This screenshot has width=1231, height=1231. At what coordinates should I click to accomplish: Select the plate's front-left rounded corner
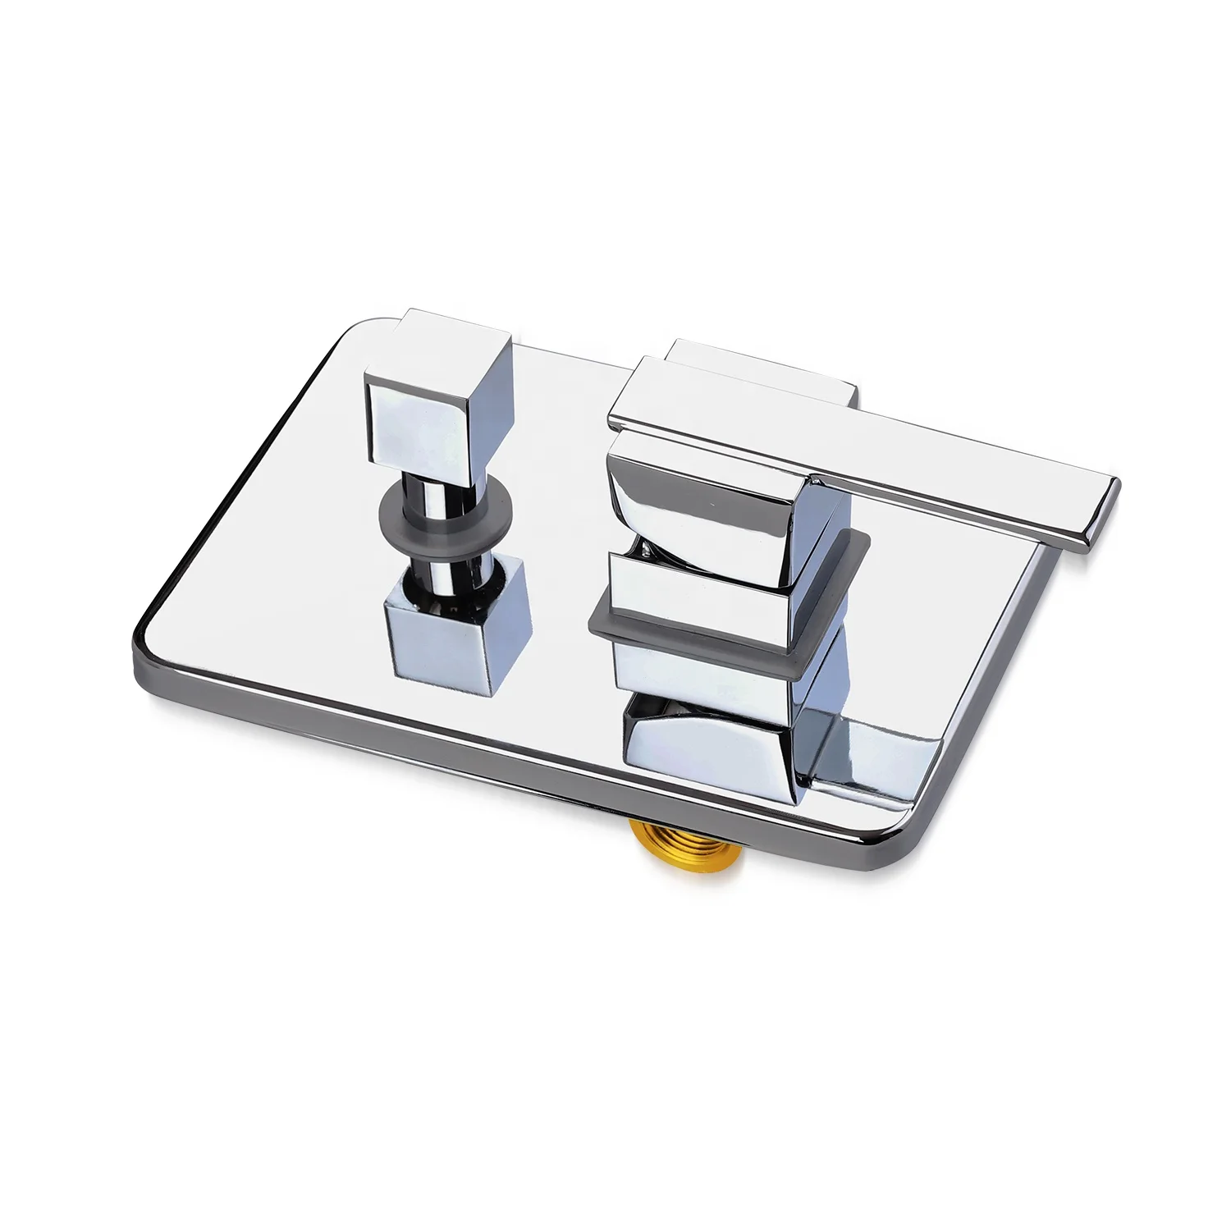(152, 648)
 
